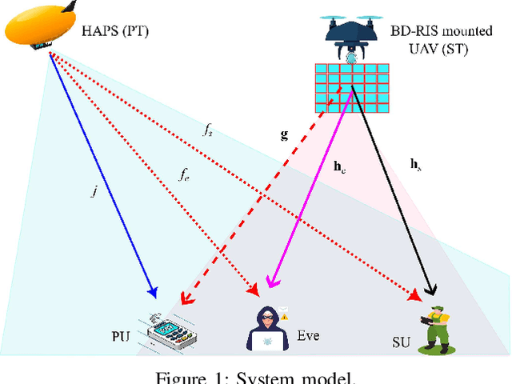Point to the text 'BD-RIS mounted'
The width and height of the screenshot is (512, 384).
437,32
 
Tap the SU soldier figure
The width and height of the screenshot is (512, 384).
437,328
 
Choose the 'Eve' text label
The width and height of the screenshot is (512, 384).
308,335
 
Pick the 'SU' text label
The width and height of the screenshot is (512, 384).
401,343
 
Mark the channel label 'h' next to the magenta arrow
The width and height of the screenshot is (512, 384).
338,167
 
